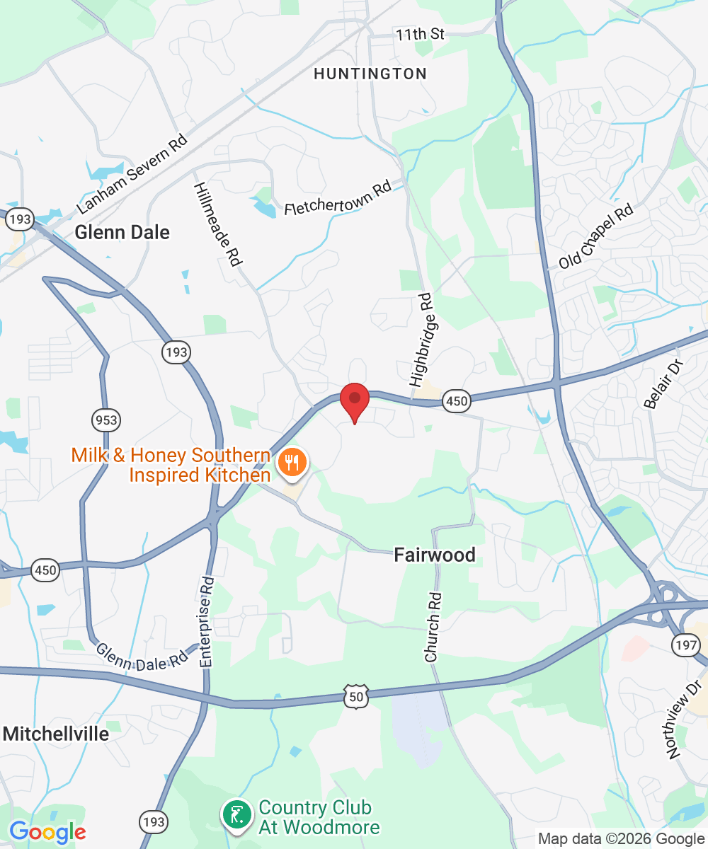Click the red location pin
[x=355, y=400]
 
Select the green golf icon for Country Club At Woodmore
[x=236, y=814]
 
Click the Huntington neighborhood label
[x=370, y=74]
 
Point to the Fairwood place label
[x=435, y=555]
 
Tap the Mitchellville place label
[x=56, y=734]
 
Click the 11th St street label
[x=420, y=34]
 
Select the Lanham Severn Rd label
[x=132, y=172]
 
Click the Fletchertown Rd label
[x=338, y=199]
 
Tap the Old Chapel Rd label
[x=595, y=238]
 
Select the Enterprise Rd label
[x=207, y=622]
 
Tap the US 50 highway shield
[x=355, y=696]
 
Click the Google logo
[x=47, y=832]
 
